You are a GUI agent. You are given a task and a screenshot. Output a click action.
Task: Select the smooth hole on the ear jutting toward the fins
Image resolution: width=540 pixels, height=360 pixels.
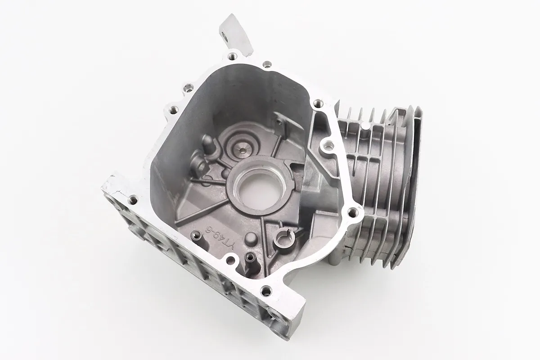tap(327, 146)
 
